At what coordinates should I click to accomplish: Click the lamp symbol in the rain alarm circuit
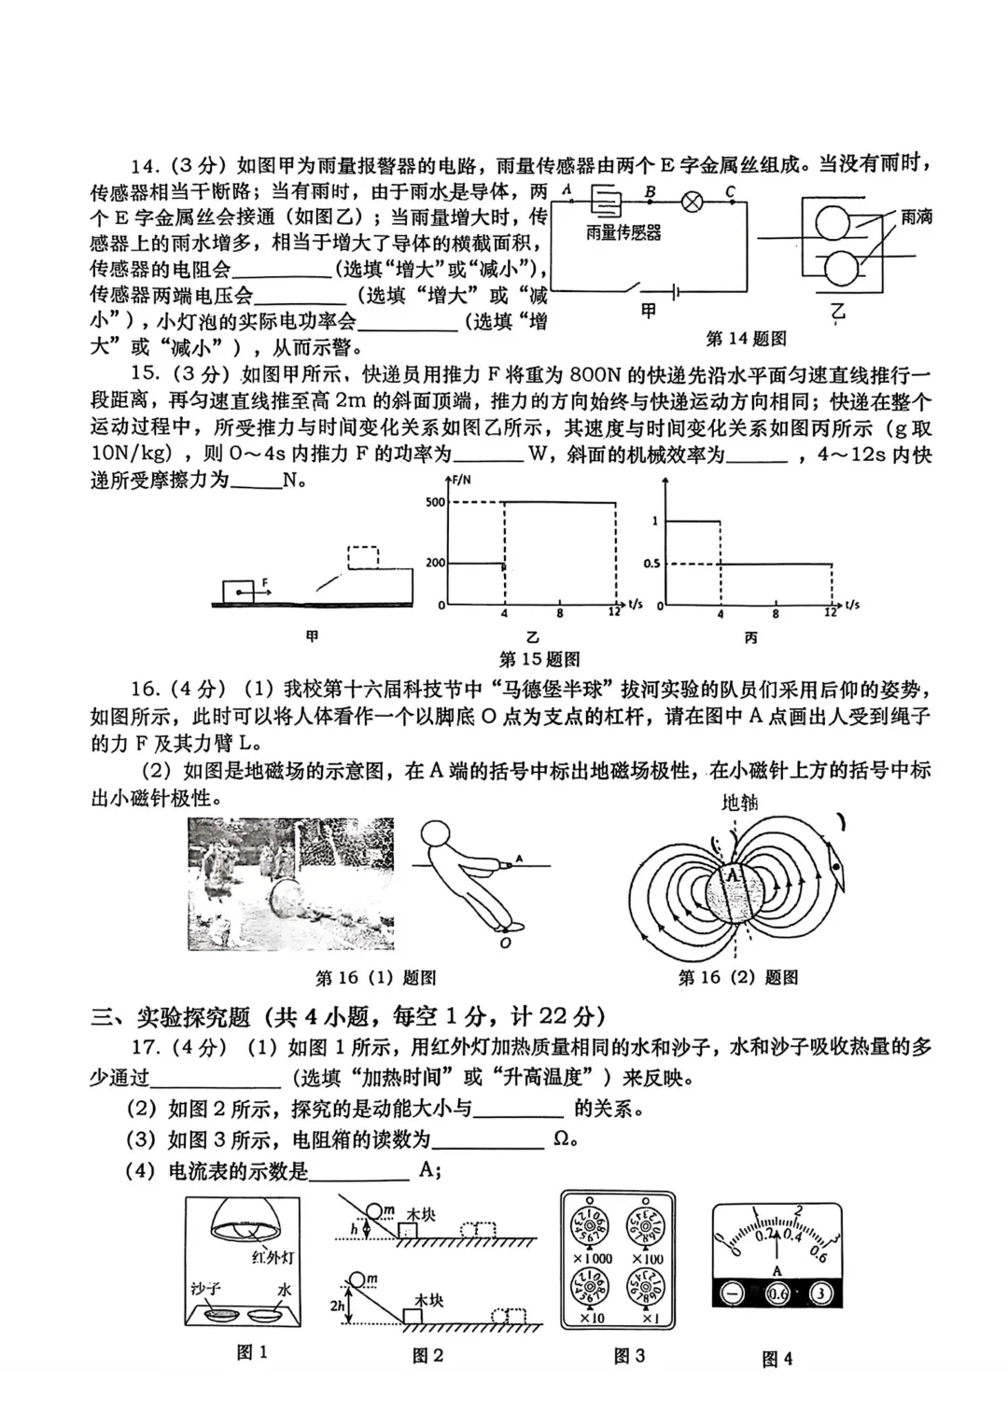point(693,203)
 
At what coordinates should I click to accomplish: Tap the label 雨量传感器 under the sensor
point(623,233)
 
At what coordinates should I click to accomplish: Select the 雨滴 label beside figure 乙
point(916,217)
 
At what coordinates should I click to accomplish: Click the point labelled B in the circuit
point(651,192)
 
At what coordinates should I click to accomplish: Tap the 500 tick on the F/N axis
point(435,503)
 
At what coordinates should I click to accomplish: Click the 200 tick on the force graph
point(435,563)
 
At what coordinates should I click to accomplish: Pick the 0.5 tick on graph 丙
point(651,564)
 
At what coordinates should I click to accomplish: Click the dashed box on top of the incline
point(363,557)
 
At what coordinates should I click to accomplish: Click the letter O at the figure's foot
point(505,943)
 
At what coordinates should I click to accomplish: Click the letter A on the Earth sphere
point(735,874)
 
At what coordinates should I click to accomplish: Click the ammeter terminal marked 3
point(820,1293)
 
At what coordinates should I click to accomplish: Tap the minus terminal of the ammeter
point(734,1293)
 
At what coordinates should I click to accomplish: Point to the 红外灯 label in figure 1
point(273,1258)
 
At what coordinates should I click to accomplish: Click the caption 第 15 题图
point(539,660)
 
